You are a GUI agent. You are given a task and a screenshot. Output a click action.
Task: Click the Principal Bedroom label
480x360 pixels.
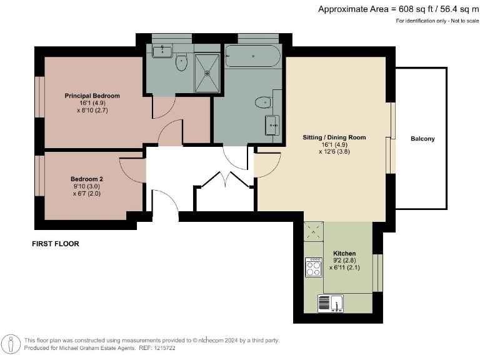coord(92,96)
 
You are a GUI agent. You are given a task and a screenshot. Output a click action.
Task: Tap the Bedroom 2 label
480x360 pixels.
coord(87,178)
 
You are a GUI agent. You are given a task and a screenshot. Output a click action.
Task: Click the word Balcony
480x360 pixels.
coord(422,139)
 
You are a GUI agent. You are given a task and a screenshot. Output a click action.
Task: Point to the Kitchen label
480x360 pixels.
coord(344,254)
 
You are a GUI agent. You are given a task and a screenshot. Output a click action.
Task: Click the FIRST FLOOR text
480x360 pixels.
coord(56,244)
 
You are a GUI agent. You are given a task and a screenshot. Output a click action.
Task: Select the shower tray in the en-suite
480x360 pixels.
coord(207,72)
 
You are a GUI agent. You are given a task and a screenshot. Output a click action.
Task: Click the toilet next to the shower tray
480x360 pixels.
coord(182,61)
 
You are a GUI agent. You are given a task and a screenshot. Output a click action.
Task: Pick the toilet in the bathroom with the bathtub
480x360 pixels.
coord(262,102)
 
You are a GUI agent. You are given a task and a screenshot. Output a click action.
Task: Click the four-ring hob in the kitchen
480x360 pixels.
coord(313,268)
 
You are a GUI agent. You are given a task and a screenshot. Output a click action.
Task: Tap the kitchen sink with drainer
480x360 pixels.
coord(331,304)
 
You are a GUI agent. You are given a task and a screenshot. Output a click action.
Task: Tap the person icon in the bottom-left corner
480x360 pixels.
coord(12,344)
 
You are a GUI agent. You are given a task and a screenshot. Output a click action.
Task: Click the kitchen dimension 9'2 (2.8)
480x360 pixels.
coord(344,261)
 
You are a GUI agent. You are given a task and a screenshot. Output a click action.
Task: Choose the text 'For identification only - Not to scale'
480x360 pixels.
coord(435,21)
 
